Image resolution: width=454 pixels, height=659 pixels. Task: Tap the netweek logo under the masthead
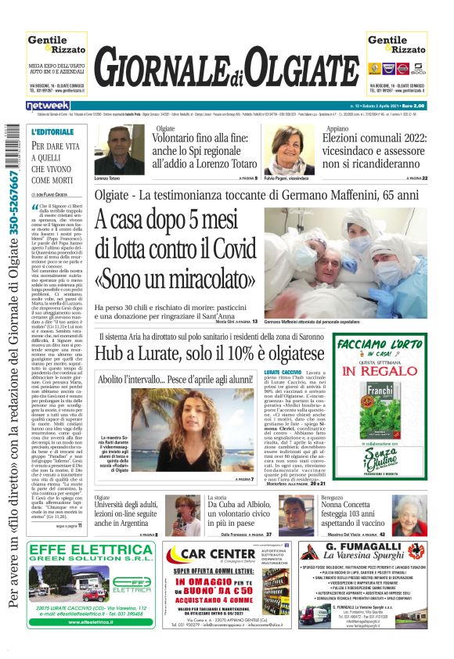pos(48,105)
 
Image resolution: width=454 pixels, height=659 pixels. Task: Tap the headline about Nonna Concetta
pos(355,512)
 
